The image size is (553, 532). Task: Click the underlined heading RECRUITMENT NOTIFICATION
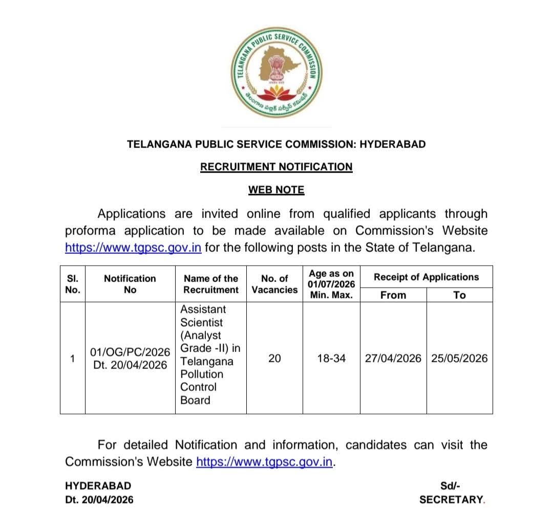click(x=276, y=167)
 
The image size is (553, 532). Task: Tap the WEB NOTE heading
click(x=276, y=190)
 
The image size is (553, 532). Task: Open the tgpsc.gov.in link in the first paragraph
click(x=133, y=248)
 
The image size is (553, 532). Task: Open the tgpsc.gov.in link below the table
click(x=265, y=462)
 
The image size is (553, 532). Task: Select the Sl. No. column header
click(x=73, y=284)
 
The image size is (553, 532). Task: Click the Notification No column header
click(x=130, y=284)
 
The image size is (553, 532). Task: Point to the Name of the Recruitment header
click(x=211, y=284)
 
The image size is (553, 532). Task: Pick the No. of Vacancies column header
click(x=274, y=284)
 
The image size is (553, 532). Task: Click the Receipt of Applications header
click(x=426, y=277)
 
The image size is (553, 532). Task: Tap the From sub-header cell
click(x=393, y=295)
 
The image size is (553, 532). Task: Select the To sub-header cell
click(x=460, y=295)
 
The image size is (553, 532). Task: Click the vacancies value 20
click(x=274, y=359)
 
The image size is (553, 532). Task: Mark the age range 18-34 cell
click(x=331, y=359)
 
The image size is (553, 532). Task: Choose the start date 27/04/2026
click(x=393, y=359)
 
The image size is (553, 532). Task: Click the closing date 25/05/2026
click(x=459, y=359)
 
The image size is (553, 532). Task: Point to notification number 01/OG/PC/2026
click(x=130, y=352)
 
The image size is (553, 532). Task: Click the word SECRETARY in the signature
click(x=451, y=500)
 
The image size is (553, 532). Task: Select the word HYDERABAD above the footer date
click(x=98, y=486)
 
